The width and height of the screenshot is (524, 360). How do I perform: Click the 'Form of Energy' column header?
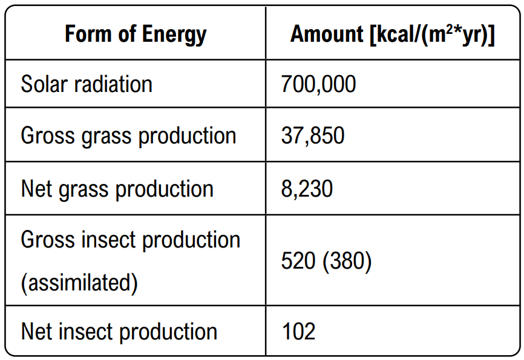point(136,34)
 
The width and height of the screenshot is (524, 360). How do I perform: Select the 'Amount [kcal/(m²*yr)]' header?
point(393,34)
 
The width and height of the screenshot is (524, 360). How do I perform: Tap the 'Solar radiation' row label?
point(87,84)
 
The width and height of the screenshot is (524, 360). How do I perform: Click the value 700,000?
point(318,84)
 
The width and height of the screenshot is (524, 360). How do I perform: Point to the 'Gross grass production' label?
point(128,136)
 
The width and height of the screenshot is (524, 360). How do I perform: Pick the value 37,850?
point(313,136)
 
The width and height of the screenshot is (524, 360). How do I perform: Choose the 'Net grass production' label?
point(117,189)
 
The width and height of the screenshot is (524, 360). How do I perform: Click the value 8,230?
point(307,189)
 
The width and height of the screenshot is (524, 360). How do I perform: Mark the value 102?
point(298,332)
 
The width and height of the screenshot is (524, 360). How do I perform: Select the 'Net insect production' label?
point(119,332)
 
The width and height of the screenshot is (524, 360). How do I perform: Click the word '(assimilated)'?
point(79,283)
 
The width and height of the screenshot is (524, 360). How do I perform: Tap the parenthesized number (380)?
point(347,261)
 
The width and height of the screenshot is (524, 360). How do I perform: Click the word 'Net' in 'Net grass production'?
point(36,189)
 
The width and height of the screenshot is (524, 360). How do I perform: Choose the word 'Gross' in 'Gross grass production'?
point(45,136)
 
